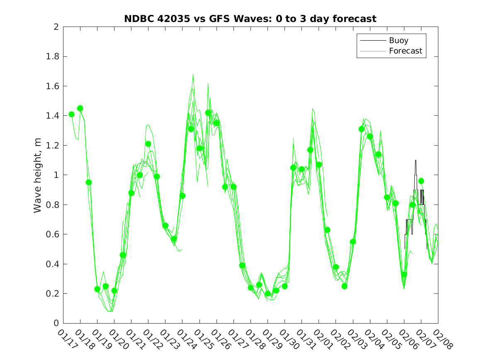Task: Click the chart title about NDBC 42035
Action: (250, 19)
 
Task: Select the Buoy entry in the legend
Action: (399, 41)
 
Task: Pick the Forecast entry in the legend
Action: (405, 51)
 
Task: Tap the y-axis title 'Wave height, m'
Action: (38, 175)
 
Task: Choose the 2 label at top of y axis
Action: (56, 27)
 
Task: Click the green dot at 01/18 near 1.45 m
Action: (80, 108)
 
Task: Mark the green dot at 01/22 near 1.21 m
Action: (148, 144)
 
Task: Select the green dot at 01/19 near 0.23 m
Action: (97, 289)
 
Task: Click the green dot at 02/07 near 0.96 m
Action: (421, 181)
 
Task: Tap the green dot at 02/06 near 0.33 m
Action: (404, 274)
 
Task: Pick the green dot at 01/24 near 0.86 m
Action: (182, 196)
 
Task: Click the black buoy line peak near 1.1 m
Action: (416, 161)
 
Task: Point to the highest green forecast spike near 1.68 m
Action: (193, 75)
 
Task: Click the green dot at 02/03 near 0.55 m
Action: (353, 241)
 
